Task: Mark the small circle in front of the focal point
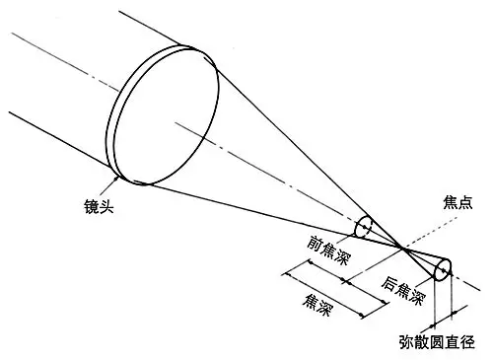pos(363,228)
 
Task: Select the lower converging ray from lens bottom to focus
pos(266,210)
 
